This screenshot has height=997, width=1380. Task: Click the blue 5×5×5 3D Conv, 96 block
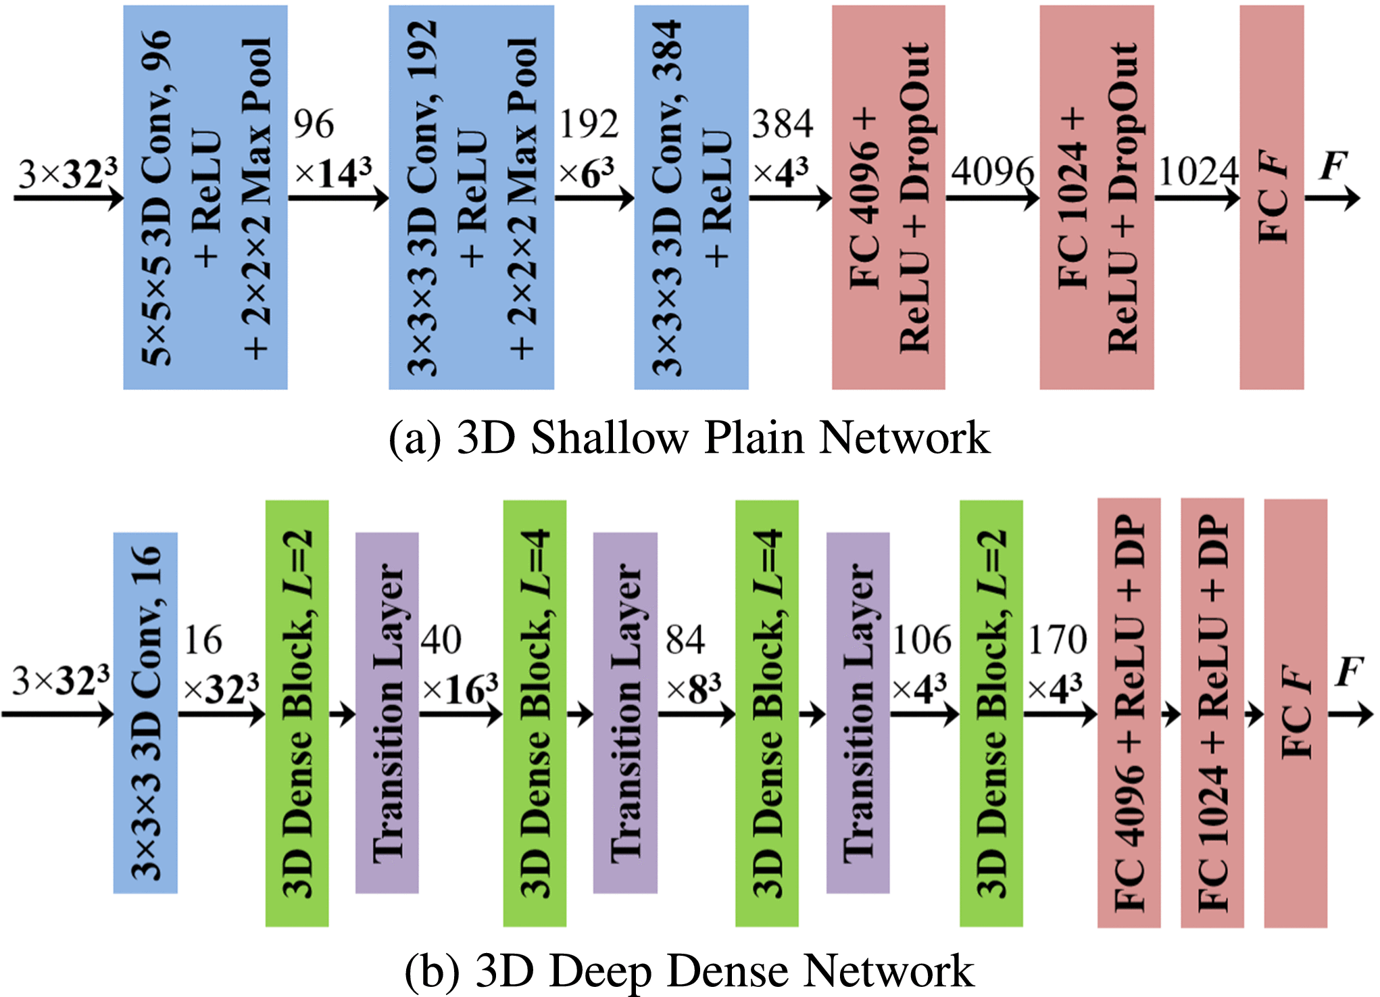point(205,197)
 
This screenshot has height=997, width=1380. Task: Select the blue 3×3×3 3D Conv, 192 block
point(471,197)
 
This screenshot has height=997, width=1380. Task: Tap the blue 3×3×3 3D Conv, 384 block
point(691,197)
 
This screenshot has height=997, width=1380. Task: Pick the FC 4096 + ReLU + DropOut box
point(888,197)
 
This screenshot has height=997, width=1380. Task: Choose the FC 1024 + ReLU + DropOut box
point(1096,197)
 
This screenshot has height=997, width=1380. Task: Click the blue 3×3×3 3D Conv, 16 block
point(145,713)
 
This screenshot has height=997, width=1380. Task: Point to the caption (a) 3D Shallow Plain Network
point(689,437)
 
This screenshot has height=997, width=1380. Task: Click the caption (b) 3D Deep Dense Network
point(689,971)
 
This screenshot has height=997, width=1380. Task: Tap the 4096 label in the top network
point(992,171)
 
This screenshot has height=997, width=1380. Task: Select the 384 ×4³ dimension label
point(783,147)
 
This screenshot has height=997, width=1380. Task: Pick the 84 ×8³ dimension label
point(692,664)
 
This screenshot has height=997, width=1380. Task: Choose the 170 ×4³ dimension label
point(1057,664)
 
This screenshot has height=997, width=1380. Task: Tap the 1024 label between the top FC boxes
point(1198,171)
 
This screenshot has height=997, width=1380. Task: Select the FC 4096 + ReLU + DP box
point(1129,713)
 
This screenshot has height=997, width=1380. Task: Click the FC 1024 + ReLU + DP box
point(1212,713)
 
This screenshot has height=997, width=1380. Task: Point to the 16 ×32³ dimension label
point(220,664)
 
